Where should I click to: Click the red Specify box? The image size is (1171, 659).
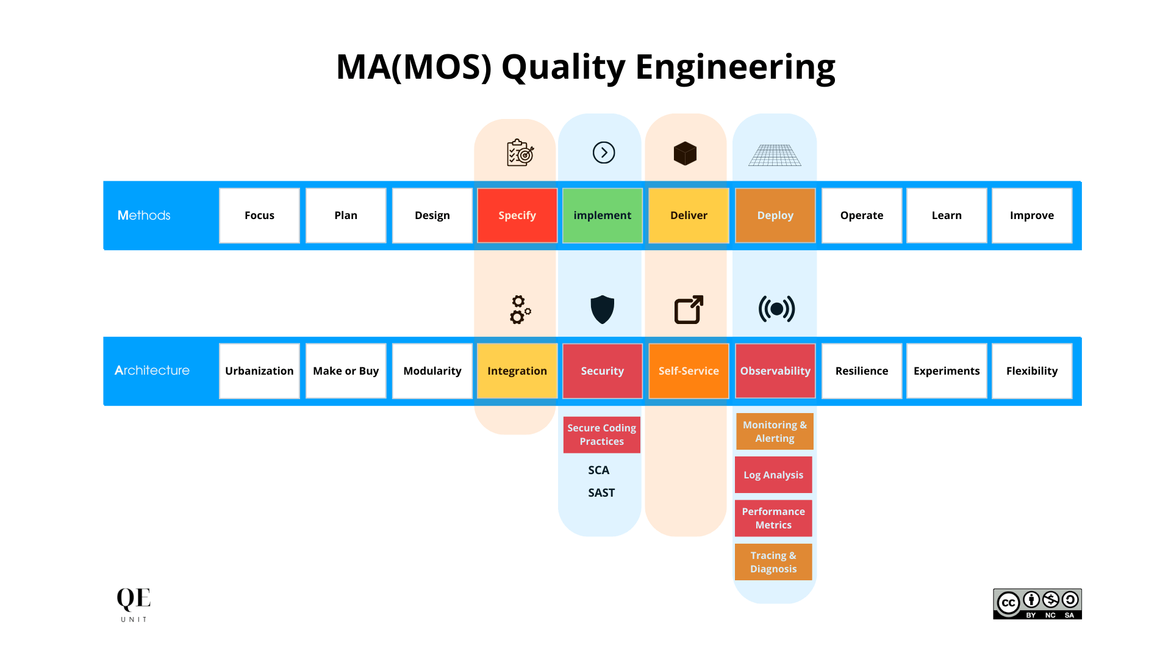coord(517,215)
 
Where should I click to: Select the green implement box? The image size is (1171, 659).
coord(602,215)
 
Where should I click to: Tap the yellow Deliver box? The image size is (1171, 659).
coord(689,215)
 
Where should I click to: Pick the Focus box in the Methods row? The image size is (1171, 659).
coord(259,215)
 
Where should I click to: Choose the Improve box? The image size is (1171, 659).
coord(1031,215)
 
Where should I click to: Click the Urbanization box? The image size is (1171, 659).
coord(259,371)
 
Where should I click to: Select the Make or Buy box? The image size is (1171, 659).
coord(346,371)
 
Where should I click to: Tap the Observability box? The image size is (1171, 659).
coord(775,371)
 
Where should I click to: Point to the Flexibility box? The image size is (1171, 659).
coord(1031,371)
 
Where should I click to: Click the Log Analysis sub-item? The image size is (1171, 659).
coord(773,475)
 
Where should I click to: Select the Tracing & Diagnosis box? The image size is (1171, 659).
coord(773,562)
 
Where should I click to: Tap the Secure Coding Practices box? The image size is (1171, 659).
coord(601,434)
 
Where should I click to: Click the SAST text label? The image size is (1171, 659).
coord(601,493)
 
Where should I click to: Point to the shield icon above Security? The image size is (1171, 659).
coord(602,309)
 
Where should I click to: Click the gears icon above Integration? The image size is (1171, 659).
coord(520,309)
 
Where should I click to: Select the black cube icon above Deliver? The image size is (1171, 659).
coord(685,153)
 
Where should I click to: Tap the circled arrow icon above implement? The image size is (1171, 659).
coord(604,153)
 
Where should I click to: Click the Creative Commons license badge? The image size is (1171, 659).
coord(1037,603)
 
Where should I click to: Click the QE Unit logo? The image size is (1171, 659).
coord(134,604)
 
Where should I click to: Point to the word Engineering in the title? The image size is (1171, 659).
coord(735,67)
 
